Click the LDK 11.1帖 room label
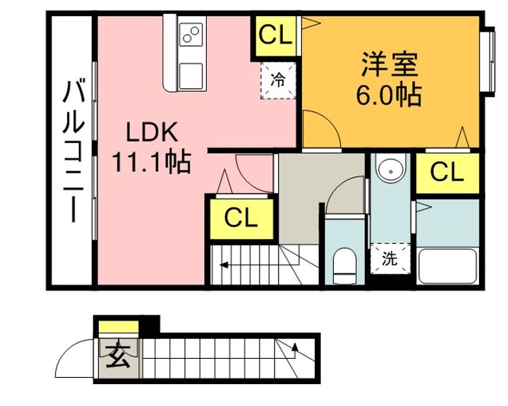pyautogui.click(x=151, y=147)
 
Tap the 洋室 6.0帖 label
pyautogui.click(x=389, y=80)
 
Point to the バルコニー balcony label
pyautogui.click(x=73, y=151)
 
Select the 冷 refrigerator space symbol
pyautogui.click(x=278, y=80)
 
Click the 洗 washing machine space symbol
pyautogui.click(x=390, y=259)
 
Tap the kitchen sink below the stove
pyautogui.click(x=190, y=76)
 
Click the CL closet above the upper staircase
pyautogui.click(x=241, y=219)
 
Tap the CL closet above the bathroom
pyautogui.click(x=447, y=173)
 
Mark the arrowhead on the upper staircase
pyautogui.click(x=223, y=266)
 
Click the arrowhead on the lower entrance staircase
pyautogui.click(x=295, y=347)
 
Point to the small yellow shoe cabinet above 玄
pyautogui.click(x=119, y=326)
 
